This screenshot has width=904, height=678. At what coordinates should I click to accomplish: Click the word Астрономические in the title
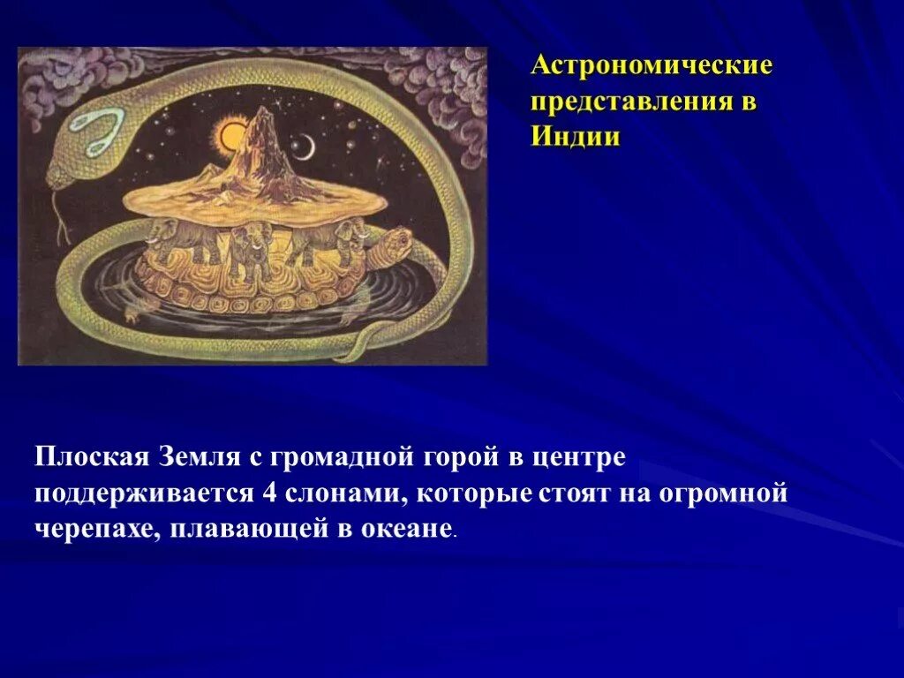(652, 65)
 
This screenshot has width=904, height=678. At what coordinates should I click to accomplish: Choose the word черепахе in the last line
(93, 530)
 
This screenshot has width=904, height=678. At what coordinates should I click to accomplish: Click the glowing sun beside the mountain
(232, 136)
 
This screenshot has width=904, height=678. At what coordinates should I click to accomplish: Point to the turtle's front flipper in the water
(132, 309)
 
